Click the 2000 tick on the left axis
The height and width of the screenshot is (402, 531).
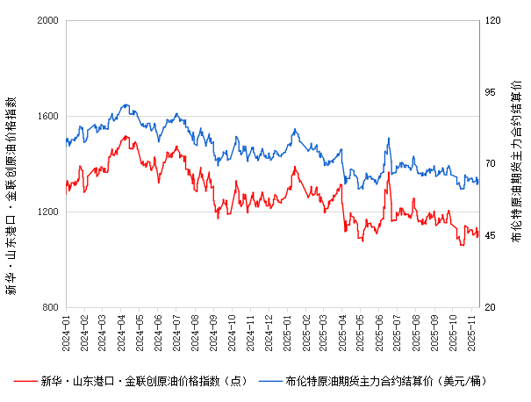(x=47, y=20)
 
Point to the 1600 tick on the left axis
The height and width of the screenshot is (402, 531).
(x=47, y=116)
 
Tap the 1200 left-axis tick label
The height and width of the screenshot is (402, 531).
(x=47, y=212)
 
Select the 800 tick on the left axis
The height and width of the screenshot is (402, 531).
(x=51, y=307)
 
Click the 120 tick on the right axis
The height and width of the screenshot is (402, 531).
(x=493, y=20)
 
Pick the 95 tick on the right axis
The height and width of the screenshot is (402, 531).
(x=491, y=92)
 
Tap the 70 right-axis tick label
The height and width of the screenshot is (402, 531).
(x=491, y=164)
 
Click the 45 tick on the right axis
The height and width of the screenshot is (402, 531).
(x=491, y=235)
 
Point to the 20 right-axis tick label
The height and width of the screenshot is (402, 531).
(x=491, y=307)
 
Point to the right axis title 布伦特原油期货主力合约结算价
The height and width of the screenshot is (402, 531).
(x=515, y=162)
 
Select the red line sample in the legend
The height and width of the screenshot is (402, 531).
(x=25, y=381)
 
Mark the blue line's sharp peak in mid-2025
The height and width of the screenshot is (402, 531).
(x=387, y=138)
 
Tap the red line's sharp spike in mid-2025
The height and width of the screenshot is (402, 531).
(x=387, y=173)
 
